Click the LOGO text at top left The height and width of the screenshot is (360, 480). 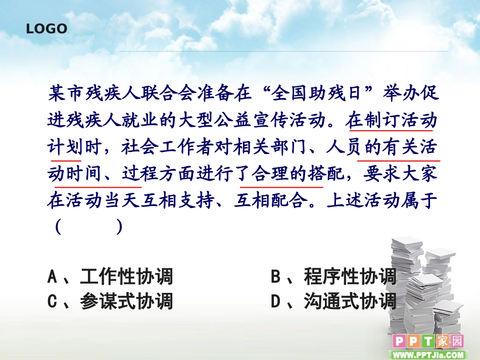[46, 29]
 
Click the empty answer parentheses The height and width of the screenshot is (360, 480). [89, 227]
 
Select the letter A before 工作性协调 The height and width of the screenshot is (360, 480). [52, 277]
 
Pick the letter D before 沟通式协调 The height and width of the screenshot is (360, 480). [276, 301]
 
